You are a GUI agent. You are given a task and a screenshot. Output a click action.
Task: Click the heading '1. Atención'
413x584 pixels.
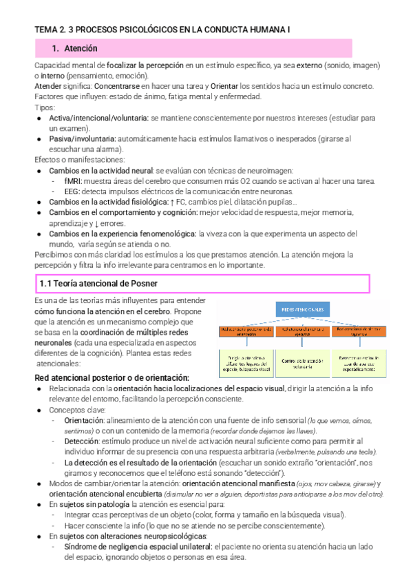75,49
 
